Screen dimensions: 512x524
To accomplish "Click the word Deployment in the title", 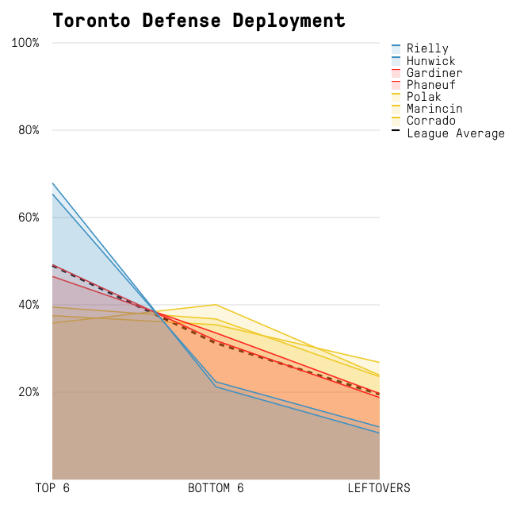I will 289,21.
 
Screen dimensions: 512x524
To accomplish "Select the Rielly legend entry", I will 427,49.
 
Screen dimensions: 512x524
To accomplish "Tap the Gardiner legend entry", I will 434,73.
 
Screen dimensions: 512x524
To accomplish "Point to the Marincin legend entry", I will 434,109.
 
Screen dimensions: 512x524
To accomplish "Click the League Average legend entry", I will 455,133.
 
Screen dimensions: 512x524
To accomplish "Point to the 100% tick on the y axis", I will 25,43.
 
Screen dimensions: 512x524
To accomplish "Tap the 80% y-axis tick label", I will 29,130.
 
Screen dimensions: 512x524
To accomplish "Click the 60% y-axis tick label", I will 29,218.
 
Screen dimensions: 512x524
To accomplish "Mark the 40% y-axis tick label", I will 29,305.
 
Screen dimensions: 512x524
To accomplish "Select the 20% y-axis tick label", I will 29,392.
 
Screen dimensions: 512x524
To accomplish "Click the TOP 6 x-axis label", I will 52,488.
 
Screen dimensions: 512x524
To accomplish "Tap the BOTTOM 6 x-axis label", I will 216,488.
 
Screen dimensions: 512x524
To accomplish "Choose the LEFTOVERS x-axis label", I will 379,488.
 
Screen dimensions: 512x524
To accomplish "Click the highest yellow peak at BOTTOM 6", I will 216,304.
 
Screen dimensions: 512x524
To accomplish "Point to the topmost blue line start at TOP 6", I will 53,183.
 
